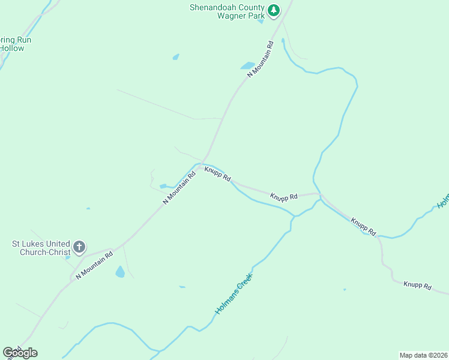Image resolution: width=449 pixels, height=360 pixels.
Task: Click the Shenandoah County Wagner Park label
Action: [227, 11]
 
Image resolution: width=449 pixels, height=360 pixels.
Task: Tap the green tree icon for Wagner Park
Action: [274, 10]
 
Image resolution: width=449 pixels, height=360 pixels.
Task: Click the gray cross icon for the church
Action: [79, 247]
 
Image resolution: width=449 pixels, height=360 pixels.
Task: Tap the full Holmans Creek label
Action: [234, 295]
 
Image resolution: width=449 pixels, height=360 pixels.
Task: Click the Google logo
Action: [20, 353]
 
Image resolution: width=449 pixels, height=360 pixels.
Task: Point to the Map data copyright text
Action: [424, 355]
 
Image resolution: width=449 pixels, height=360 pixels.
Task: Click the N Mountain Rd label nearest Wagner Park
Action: [261, 58]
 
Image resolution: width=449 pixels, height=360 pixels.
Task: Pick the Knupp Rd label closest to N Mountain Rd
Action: [217, 174]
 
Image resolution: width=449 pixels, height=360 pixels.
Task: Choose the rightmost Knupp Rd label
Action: [417, 286]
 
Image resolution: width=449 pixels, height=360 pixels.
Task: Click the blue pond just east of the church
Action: [120, 272]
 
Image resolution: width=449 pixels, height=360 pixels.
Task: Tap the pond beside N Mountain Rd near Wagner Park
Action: [247, 65]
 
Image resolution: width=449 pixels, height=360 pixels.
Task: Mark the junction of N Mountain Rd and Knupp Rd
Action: [203, 163]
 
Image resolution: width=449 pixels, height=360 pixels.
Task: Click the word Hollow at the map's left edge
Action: [12, 48]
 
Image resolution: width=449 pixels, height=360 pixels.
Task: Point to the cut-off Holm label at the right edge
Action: [443, 200]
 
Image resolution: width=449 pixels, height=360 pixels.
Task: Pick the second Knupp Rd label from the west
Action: [284, 197]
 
